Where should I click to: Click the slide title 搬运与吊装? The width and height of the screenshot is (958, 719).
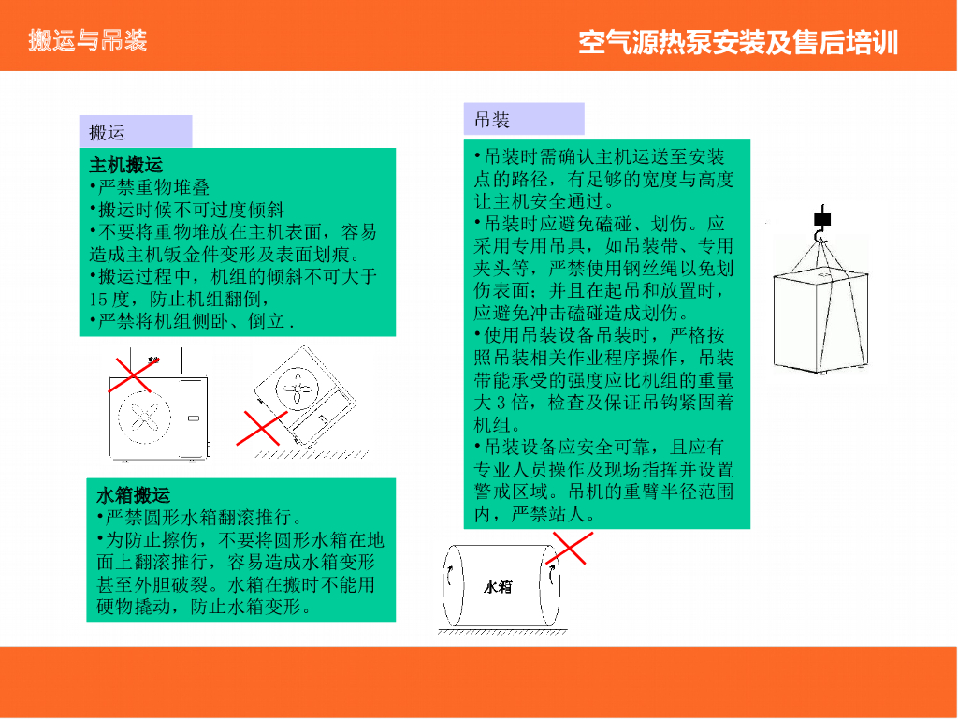(x=87, y=40)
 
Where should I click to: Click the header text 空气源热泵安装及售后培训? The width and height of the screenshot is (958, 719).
(x=738, y=43)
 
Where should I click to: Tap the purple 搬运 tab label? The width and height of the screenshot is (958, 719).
(x=107, y=132)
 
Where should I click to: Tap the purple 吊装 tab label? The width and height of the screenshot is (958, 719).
(x=492, y=120)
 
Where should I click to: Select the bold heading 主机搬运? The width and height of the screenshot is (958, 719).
(x=126, y=165)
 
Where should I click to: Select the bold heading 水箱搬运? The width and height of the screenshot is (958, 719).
(x=133, y=494)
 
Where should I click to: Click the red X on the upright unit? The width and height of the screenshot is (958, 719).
(x=133, y=374)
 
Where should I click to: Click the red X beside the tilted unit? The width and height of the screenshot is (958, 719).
(x=262, y=428)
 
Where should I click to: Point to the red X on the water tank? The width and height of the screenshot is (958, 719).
(x=570, y=548)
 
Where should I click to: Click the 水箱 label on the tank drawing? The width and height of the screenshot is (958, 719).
(x=498, y=587)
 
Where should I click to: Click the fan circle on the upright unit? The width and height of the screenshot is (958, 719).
(x=145, y=417)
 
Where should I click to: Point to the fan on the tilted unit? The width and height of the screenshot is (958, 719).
(x=298, y=388)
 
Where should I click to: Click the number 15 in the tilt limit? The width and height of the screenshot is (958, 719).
(x=97, y=300)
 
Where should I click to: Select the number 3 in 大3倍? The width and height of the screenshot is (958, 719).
(x=501, y=403)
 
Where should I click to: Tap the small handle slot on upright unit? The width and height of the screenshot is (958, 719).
(x=193, y=418)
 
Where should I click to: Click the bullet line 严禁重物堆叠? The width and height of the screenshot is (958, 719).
(x=150, y=187)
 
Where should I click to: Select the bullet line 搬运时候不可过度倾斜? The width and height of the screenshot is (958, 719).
(x=187, y=210)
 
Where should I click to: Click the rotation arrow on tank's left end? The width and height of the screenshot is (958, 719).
(x=449, y=576)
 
